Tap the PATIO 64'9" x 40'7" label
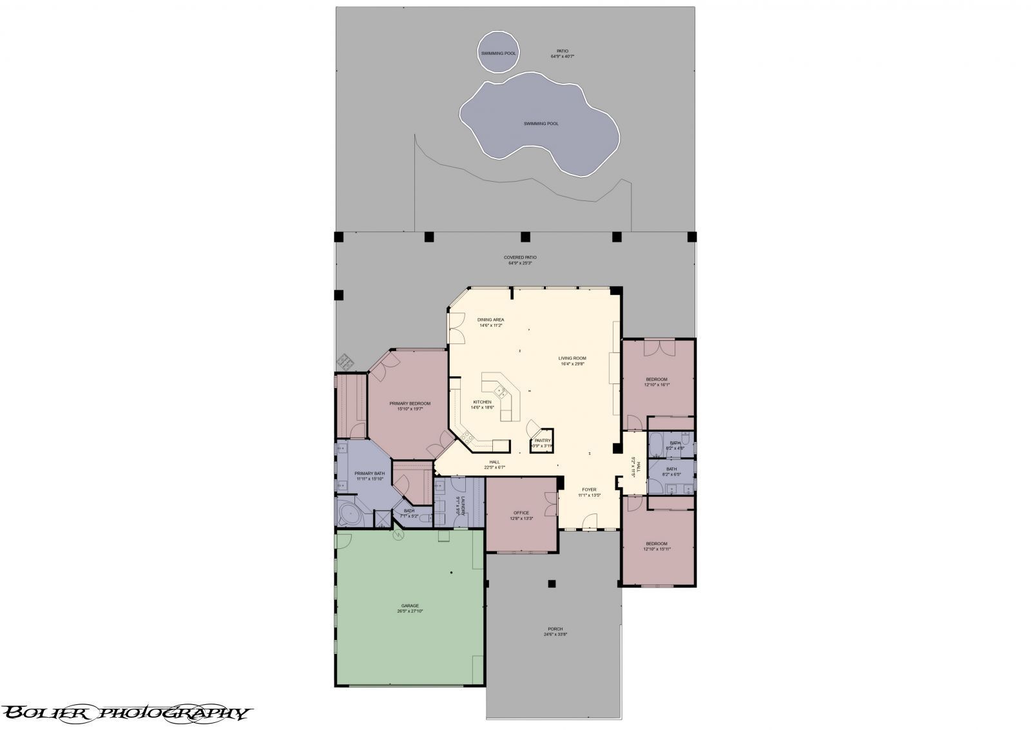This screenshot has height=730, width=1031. [x=562, y=53]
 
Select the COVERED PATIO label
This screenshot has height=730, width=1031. [x=519, y=260]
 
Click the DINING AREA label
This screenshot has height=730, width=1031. [x=490, y=322]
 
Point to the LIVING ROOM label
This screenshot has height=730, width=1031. [x=572, y=361]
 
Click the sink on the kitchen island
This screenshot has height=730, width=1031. [x=499, y=390]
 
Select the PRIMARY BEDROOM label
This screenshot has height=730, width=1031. [x=409, y=406]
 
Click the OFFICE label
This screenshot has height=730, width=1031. [x=521, y=515]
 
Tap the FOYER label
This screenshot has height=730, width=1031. [x=589, y=492]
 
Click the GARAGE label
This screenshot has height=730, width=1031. [x=410, y=608]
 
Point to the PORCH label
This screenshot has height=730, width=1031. [x=555, y=631]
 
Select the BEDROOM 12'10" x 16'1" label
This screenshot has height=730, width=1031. [x=657, y=381]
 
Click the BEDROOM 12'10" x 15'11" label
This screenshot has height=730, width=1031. [x=657, y=546]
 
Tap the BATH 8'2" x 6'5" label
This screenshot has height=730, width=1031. [x=671, y=471]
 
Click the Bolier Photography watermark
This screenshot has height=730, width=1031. [x=126, y=713]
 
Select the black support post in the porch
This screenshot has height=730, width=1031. [x=552, y=584]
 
